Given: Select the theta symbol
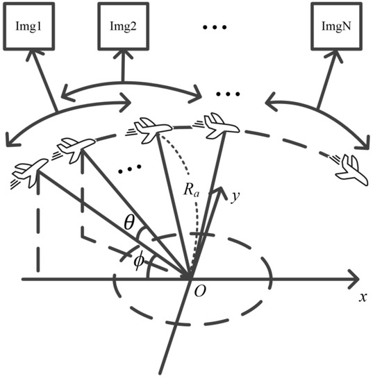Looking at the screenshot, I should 130,223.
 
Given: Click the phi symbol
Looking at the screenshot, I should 139,260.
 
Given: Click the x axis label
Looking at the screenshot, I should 363,297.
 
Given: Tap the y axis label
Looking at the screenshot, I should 235,196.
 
